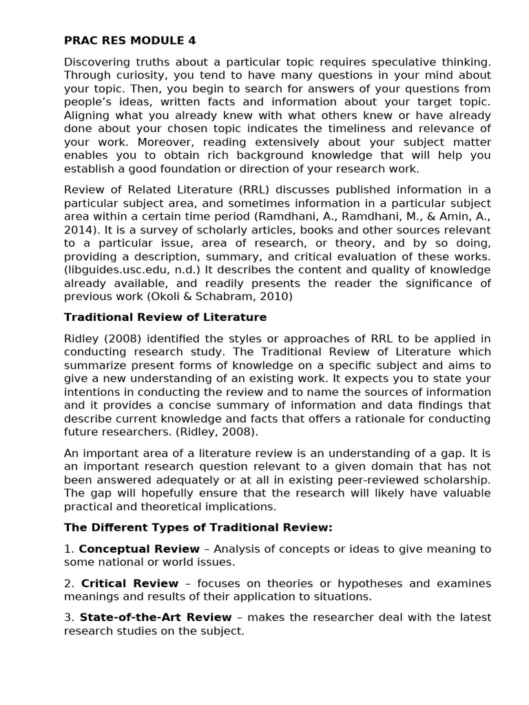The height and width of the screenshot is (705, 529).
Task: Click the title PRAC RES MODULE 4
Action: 130,41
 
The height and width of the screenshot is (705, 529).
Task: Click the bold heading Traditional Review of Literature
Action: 165,317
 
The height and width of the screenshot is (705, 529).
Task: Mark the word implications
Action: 242,506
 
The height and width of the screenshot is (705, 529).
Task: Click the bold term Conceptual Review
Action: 139,549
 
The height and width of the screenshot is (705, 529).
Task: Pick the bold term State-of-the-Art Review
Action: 156,617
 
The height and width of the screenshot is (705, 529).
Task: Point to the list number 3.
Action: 68,617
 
